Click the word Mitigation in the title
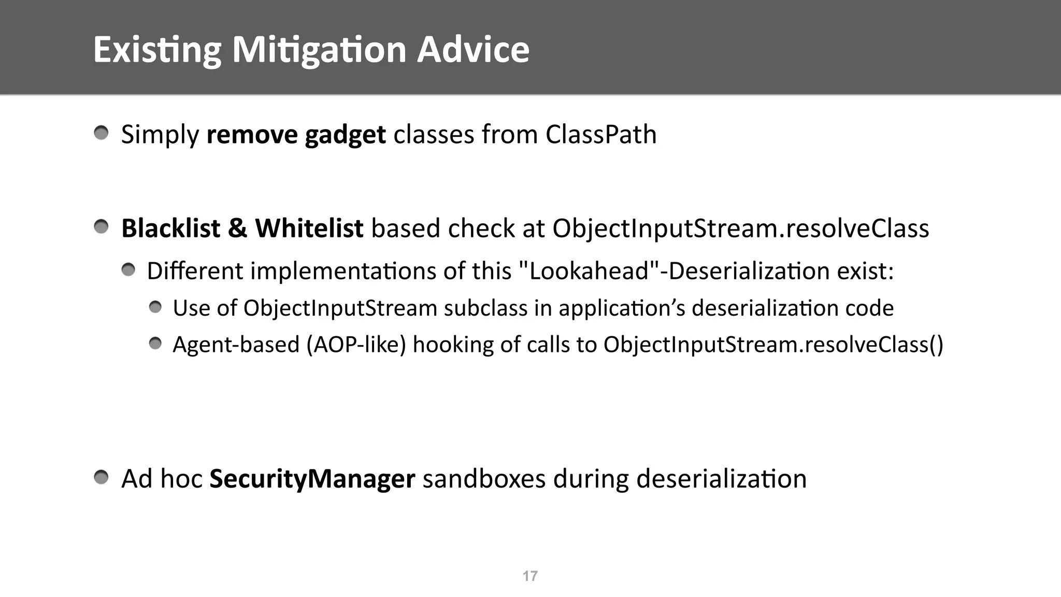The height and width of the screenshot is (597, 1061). (319, 50)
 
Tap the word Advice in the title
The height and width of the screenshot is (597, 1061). (473, 50)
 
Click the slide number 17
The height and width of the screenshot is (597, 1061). (530, 576)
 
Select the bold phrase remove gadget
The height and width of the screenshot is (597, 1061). (296, 135)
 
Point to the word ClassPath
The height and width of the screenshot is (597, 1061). (600, 135)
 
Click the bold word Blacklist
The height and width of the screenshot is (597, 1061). (171, 229)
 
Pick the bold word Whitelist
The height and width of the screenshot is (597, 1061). (309, 229)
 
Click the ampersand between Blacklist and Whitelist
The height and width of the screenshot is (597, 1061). (237, 229)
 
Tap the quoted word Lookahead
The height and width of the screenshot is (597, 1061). (589, 271)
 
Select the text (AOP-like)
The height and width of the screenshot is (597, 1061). (356, 345)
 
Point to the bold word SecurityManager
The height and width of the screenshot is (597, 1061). (312, 479)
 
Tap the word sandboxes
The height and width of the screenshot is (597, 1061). (484, 479)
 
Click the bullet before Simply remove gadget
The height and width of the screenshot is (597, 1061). (102, 133)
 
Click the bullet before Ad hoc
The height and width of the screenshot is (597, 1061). (102, 477)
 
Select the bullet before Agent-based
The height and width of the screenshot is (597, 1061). (155, 344)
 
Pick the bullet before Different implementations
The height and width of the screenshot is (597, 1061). (128, 269)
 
